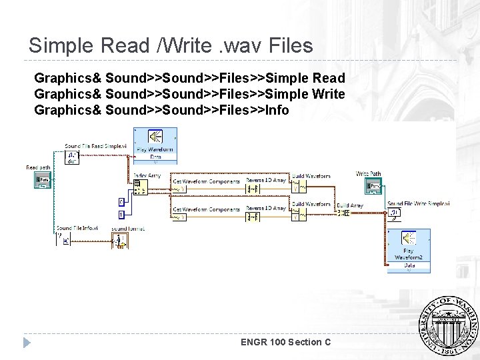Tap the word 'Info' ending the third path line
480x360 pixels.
tap(277, 110)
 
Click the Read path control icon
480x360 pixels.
tap(43, 180)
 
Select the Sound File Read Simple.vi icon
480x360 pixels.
tap(72, 157)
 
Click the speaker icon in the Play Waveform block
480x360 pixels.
tap(155, 137)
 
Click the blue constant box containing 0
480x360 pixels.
tap(121, 201)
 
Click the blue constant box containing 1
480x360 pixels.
tap(121, 214)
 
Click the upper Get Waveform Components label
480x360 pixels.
tap(206, 181)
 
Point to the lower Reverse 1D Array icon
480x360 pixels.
tap(257, 215)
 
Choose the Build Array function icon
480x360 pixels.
tap(343, 213)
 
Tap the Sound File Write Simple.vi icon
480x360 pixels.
tap(395, 213)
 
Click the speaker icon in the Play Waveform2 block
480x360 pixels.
tap(408, 239)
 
